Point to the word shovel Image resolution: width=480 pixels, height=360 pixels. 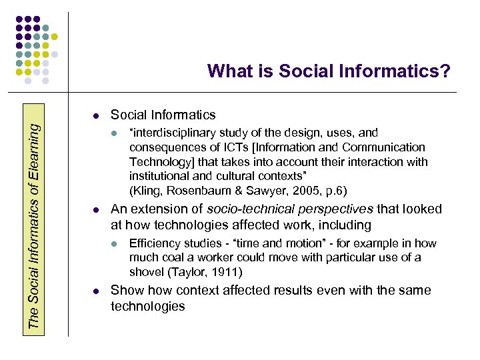click(x=146, y=272)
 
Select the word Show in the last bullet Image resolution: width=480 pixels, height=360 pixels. click(x=125, y=290)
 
